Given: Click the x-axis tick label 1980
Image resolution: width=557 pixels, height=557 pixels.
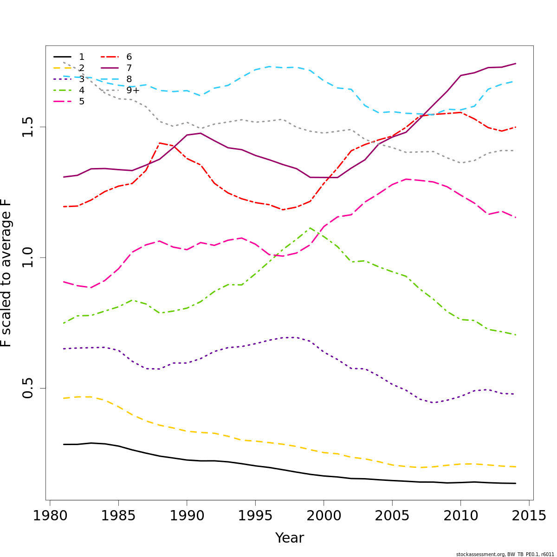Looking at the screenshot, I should [50, 516].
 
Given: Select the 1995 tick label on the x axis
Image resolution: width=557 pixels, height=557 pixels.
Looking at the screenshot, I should [255, 516].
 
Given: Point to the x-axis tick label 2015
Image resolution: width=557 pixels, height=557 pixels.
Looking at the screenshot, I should [529, 516].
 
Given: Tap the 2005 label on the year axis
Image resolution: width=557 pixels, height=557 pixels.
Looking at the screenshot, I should [392, 516].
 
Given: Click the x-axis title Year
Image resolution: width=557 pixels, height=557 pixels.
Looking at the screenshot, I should [290, 538].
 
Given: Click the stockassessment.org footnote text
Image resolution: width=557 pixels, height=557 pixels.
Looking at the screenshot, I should [505, 554].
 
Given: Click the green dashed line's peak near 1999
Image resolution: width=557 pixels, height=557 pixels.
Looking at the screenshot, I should [310, 228].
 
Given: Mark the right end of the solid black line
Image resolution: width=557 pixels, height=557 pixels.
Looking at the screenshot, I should [516, 483].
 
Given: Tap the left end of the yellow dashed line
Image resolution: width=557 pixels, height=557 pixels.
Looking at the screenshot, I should [64, 398].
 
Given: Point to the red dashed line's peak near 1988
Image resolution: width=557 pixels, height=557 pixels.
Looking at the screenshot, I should [160, 143].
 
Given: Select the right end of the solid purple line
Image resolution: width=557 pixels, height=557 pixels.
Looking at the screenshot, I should [516, 64].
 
